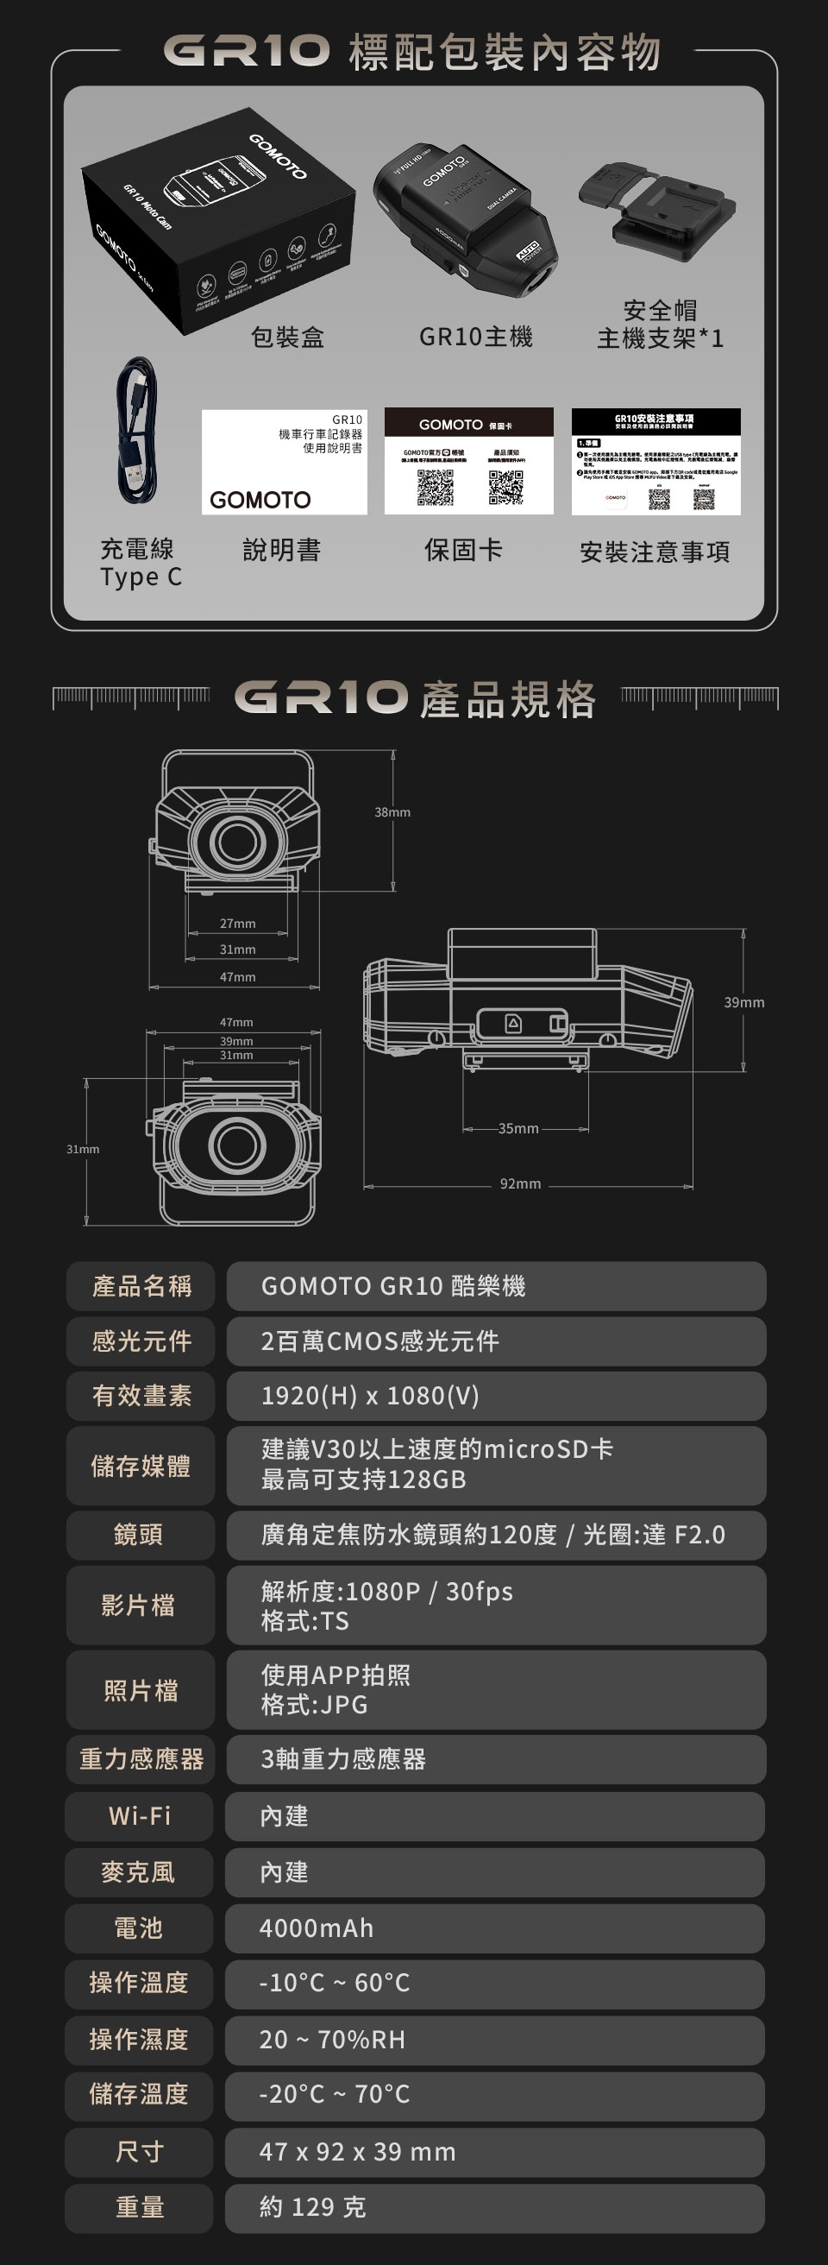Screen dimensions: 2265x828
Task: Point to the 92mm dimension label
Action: tap(520, 1183)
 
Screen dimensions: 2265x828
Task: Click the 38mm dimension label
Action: tap(392, 812)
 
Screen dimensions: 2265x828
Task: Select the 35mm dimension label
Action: tap(518, 1128)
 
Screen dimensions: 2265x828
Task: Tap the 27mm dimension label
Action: tap(237, 924)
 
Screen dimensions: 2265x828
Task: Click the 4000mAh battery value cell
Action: tap(495, 1928)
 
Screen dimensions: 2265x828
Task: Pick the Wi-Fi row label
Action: tap(139, 1816)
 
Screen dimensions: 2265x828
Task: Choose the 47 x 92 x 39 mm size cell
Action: tap(495, 2152)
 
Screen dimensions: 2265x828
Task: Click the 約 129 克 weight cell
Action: tap(495, 2207)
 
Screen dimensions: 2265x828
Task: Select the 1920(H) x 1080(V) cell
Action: tap(495, 1396)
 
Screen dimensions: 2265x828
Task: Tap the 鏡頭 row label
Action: tap(139, 1535)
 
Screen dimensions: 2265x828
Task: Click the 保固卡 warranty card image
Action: tap(468, 462)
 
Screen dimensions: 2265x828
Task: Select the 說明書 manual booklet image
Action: tap(284, 462)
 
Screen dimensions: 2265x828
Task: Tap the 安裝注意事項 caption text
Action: tap(655, 552)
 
